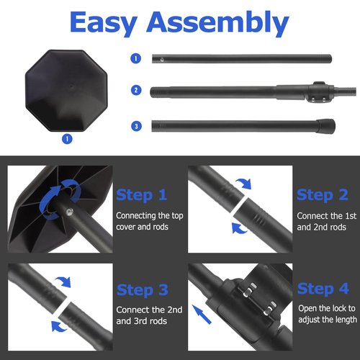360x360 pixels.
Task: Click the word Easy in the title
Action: point(104,22)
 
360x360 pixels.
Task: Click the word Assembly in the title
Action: point(217,22)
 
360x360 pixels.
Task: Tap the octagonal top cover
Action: point(66,91)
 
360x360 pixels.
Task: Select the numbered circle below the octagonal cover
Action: point(67,139)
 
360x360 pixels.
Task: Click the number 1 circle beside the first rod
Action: point(136,58)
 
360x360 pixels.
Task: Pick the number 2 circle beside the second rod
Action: point(136,90)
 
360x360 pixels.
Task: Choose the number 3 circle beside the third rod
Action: point(137,126)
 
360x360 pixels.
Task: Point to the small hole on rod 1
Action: point(162,59)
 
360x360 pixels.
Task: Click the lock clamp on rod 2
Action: point(320,92)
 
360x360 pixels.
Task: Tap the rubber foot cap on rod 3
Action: point(325,126)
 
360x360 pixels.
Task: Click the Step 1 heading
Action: point(142,195)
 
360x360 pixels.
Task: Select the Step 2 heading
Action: point(323,195)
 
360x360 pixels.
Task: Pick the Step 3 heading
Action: point(143,290)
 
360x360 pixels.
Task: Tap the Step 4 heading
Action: point(323,289)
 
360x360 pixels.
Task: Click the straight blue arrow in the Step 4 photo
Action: point(202,314)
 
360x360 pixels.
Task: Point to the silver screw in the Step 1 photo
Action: point(69,212)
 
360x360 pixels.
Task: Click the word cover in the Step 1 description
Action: point(127,227)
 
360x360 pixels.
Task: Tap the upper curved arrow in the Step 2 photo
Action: point(243,184)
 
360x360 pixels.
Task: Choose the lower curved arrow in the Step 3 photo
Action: point(58,326)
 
